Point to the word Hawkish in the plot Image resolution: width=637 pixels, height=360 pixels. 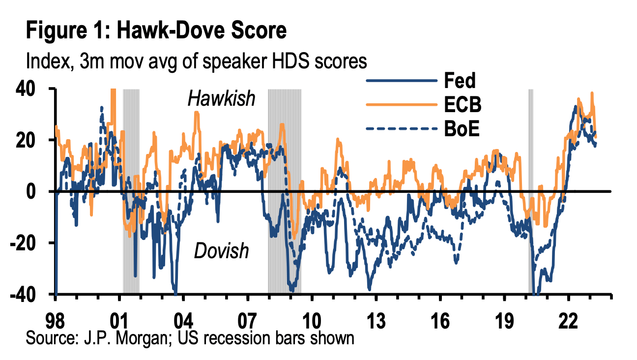point(222,99)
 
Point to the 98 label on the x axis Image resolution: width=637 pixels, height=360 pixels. point(56,323)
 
